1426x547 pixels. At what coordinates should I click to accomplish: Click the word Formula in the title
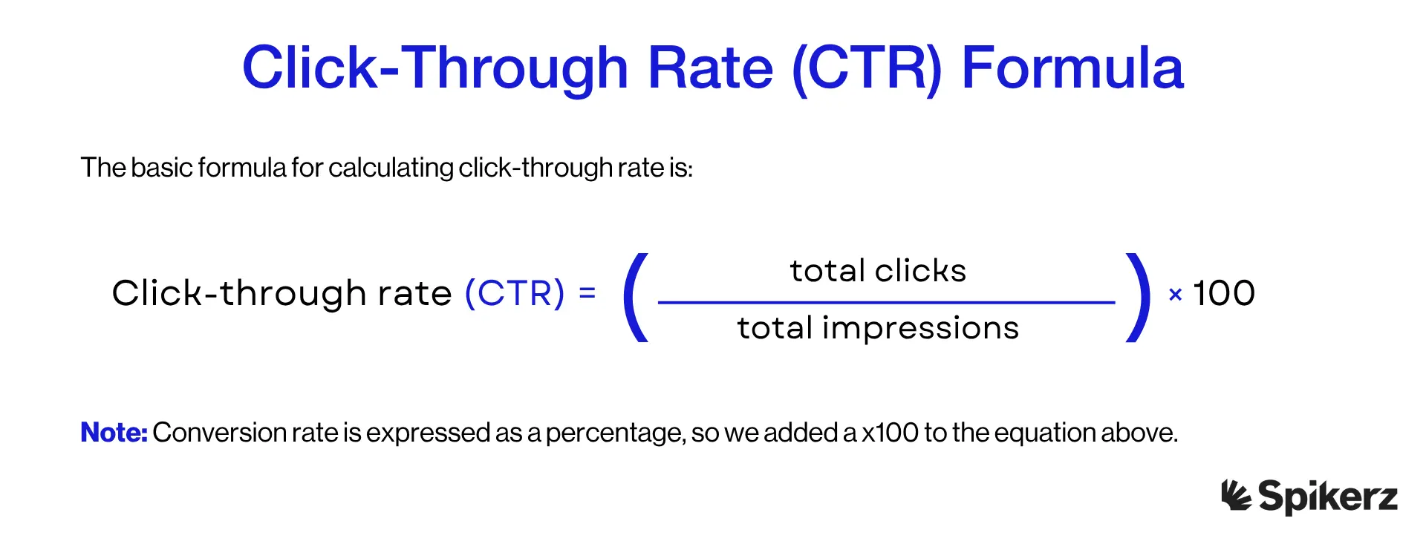(1072, 68)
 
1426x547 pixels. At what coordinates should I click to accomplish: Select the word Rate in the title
(710, 68)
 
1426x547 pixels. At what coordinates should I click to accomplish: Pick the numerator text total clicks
(878, 271)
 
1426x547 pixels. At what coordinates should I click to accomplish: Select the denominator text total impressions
(878, 328)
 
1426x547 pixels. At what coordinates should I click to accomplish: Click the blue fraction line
(886, 302)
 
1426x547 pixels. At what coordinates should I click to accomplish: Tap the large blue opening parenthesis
(636, 297)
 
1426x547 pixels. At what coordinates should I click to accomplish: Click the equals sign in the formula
(587, 293)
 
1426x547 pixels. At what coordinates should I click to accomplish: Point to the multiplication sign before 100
(1175, 295)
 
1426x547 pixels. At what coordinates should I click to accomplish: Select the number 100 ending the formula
(1224, 293)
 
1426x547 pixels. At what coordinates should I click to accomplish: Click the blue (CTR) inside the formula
(515, 293)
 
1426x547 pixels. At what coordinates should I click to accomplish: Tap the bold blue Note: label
(114, 432)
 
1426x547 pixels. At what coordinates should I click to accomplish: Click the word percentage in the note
(614, 433)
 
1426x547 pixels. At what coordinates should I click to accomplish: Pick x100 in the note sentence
(890, 432)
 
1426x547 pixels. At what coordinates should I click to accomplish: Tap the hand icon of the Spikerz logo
(1237, 496)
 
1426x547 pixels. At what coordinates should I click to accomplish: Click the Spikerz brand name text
(1328, 497)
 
